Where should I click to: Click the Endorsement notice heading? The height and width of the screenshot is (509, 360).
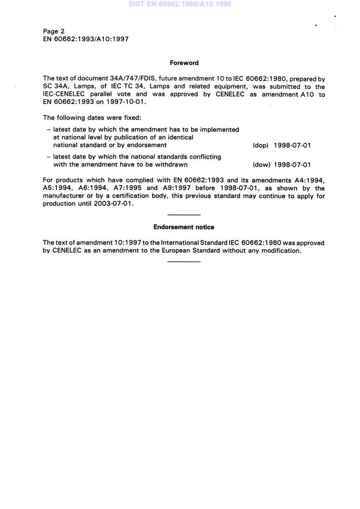tap(183, 227)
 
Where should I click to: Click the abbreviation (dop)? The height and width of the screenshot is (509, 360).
tap(261, 145)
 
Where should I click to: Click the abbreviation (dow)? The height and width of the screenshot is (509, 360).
tap(261, 164)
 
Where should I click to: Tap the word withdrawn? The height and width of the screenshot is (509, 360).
tap(172, 164)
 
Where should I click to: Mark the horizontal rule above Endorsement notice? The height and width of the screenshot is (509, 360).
tap(183, 216)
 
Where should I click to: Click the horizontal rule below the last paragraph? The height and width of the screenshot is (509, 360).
tap(183, 261)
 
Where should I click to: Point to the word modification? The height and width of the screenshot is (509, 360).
tap(278, 250)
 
